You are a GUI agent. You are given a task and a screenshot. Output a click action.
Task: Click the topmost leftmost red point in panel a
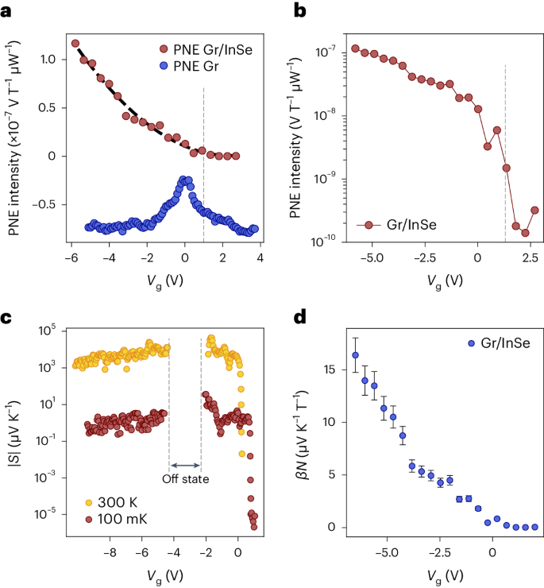click(75, 44)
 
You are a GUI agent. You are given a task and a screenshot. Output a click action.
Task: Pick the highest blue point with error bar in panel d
click(355, 355)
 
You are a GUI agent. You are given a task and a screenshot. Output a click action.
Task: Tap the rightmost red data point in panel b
click(535, 211)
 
